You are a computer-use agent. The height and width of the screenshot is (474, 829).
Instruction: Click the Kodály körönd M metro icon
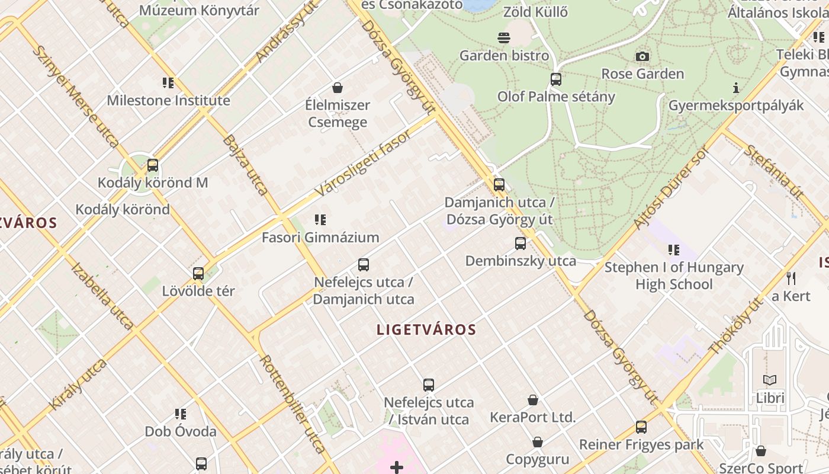153,165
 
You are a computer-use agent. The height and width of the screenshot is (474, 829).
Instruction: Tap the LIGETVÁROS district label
426,329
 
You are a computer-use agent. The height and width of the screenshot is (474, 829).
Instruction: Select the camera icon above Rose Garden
642,57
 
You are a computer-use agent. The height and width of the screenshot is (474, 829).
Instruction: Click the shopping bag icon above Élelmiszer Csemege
338,88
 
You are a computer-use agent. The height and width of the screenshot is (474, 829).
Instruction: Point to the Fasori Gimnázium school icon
320,220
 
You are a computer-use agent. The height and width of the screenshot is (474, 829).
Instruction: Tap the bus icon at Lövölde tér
198,274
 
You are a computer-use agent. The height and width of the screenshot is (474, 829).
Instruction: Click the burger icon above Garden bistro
504,39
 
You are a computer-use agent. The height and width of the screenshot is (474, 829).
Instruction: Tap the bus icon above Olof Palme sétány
555,79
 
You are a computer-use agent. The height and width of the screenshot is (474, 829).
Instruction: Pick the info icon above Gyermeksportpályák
736,88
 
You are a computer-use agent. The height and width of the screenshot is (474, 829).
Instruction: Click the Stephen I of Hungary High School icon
674,250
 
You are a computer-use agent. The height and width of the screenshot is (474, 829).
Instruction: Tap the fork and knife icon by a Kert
791,278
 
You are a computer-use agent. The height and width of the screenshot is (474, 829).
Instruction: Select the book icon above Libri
770,380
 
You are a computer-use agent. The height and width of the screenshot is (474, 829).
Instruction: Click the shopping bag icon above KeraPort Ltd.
533,400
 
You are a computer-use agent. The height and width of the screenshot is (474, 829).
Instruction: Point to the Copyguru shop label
537,459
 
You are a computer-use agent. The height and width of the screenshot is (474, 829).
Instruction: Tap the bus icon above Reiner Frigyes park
641,427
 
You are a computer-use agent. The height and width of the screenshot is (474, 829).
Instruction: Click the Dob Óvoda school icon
181,414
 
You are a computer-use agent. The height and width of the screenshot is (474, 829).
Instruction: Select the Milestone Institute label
168,101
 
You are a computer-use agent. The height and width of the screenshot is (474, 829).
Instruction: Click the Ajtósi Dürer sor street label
670,188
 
